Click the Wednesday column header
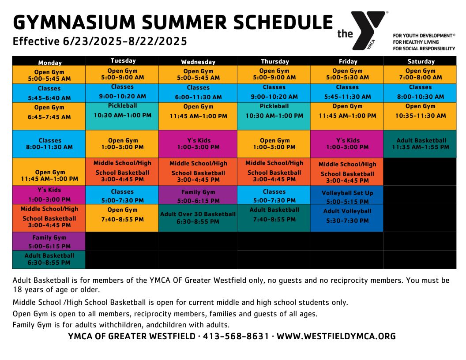pyautogui.click(x=198, y=61)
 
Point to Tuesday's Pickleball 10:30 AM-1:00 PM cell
pyautogui.click(x=122, y=116)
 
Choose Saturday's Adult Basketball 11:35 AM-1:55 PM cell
pyautogui.click(x=420, y=144)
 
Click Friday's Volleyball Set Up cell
pyautogui.click(x=347, y=195)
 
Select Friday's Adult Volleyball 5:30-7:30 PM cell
pyautogui.click(x=347, y=218)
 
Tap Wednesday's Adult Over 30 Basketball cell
pyautogui.click(x=198, y=218)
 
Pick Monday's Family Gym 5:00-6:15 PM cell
pyautogui.click(x=49, y=241)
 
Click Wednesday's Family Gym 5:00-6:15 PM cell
pyautogui.click(x=198, y=195)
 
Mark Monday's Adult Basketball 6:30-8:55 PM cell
pyautogui.click(x=49, y=259)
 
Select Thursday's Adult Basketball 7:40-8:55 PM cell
pyautogui.click(x=274, y=218)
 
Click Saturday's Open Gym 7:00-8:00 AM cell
pyautogui.click(x=420, y=75)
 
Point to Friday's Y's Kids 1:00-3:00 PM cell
pyautogui.click(x=347, y=144)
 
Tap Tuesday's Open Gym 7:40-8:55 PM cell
pyautogui.click(x=122, y=218)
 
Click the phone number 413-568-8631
pyautogui.click(x=236, y=336)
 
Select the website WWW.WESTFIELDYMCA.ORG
pyautogui.click(x=336, y=336)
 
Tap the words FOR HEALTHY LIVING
pyautogui.click(x=416, y=42)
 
